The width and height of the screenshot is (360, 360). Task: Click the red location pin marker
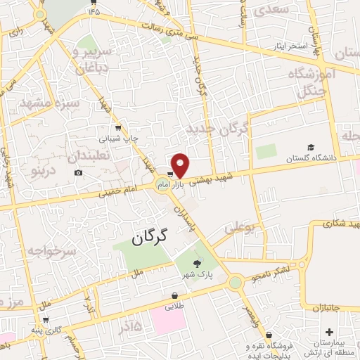coord(181,165)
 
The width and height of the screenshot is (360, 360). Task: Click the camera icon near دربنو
coord(78,173)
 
